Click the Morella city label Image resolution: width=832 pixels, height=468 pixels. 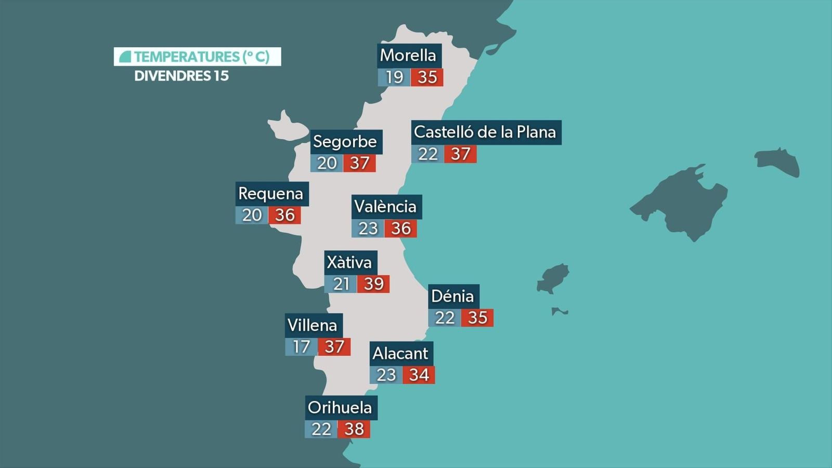[409, 55]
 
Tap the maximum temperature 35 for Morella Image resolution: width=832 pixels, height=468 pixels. [427, 77]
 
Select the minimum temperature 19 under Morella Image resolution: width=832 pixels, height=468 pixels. [394, 77]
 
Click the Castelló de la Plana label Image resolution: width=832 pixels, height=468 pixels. [485, 132]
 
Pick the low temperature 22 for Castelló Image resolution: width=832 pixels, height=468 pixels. [427, 154]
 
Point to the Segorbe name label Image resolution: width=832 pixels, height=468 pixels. [345, 141]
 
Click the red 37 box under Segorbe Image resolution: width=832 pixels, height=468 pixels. [359, 163]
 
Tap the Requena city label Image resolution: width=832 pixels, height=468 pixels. [271, 193]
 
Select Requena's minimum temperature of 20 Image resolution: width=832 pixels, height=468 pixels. [252, 215]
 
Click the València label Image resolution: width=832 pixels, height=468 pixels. [386, 206]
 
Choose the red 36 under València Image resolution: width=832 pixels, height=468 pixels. [401, 228]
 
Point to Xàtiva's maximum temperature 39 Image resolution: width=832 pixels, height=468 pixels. [373, 284]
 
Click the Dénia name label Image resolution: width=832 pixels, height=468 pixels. [453, 296]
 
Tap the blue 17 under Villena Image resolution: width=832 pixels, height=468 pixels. [301, 346]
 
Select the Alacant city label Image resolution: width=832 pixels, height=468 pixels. [400, 354]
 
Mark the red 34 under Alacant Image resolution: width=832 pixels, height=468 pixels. [419, 375]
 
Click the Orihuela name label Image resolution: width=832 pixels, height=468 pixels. [340, 407]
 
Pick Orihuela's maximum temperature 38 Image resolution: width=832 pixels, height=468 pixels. [354, 429]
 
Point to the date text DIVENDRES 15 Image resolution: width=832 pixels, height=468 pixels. [181, 76]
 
